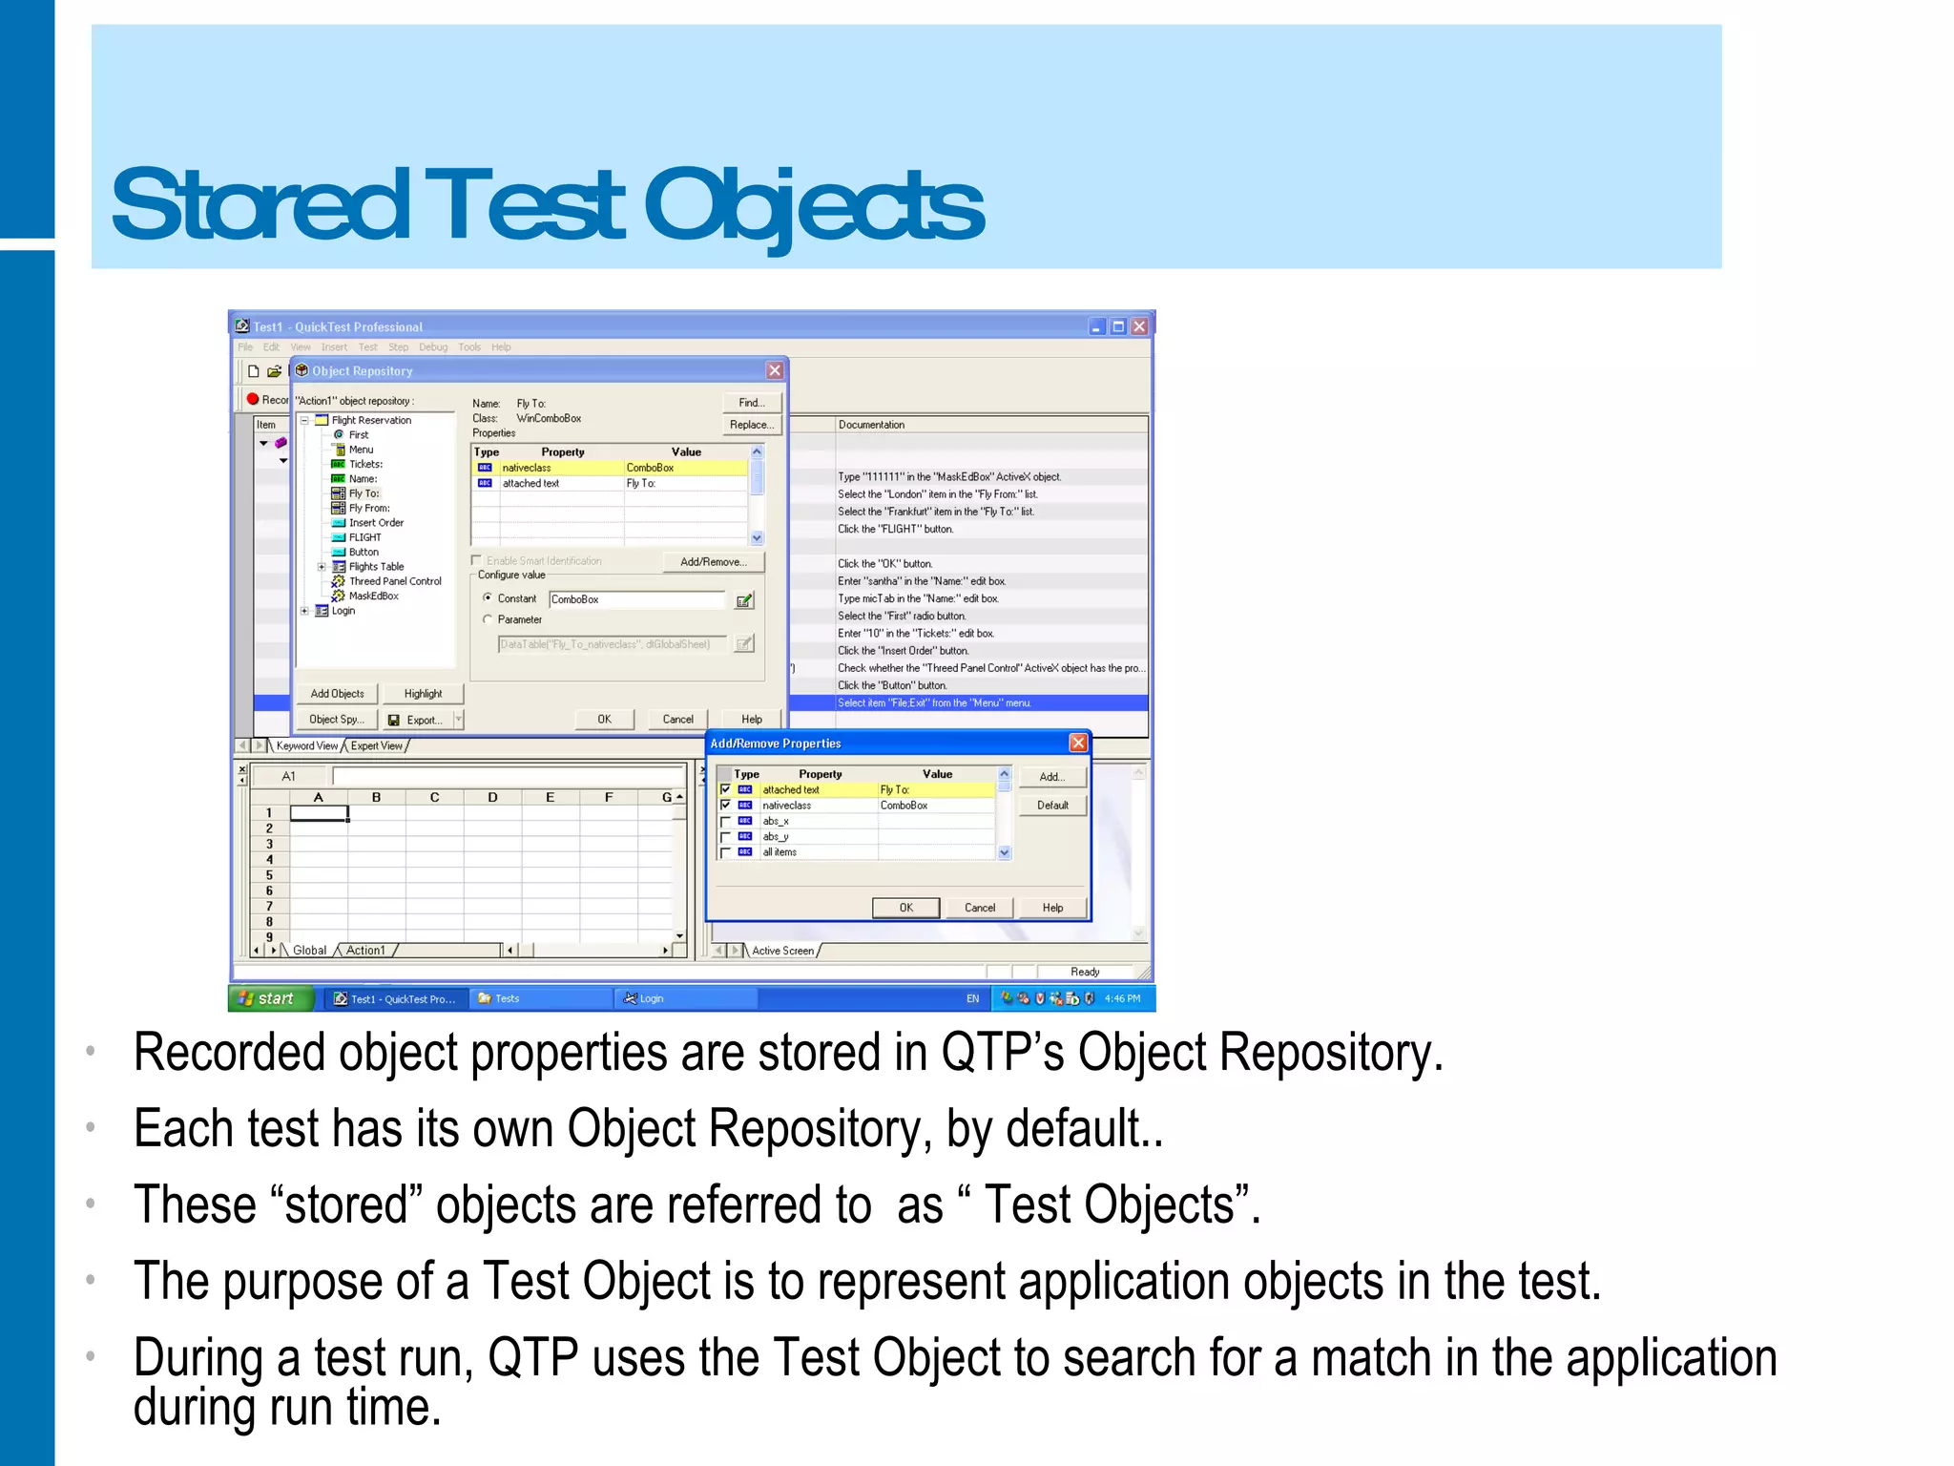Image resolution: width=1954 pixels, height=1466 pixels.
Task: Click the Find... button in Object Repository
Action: [x=752, y=403]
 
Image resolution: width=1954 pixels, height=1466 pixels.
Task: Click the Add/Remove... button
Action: [x=713, y=562]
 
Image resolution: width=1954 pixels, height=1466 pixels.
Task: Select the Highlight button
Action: [x=423, y=694]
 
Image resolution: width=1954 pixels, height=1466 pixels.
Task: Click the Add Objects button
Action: [x=337, y=694]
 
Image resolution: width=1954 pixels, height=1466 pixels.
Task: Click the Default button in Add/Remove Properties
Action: [x=1052, y=806]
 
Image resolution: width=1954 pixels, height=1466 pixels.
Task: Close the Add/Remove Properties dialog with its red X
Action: [x=1078, y=743]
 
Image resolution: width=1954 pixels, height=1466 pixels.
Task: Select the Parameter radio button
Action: [x=488, y=619]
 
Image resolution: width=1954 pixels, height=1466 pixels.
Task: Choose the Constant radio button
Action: [x=488, y=598]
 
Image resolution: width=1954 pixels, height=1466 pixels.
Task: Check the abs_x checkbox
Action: [x=725, y=822]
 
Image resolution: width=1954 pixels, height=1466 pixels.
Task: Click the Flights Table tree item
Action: [x=376, y=567]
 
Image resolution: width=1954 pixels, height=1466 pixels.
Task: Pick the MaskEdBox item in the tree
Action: [x=373, y=597]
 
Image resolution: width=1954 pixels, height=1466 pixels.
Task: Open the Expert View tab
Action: [x=377, y=746]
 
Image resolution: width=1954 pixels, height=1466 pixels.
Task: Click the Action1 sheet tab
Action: [x=365, y=951]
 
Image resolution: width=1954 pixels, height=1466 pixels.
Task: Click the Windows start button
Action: [x=271, y=998]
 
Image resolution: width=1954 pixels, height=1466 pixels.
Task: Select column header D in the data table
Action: [x=492, y=798]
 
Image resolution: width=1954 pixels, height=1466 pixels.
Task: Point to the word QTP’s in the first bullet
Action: [x=1002, y=1053]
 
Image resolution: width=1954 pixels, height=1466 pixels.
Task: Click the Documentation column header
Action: [x=871, y=425]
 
